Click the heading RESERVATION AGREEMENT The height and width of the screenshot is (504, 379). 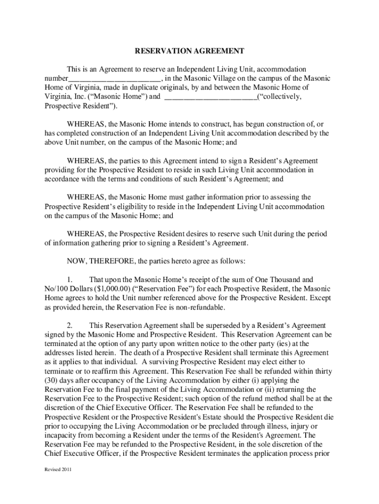[x=189, y=51]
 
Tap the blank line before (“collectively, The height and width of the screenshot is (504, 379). [x=210, y=97]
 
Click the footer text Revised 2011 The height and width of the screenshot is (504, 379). [x=58, y=469]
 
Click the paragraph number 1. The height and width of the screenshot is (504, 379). [x=70, y=280]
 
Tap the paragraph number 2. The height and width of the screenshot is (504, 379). [x=70, y=326]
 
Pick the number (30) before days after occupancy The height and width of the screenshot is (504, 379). [x=52, y=381]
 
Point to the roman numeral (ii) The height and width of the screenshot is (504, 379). [x=254, y=390]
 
